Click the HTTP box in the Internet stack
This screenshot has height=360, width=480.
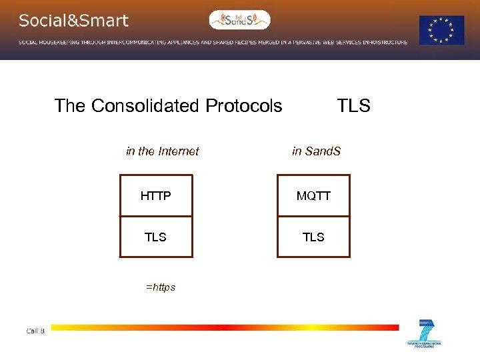(155, 196)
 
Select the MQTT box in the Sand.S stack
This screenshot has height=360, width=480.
(313, 196)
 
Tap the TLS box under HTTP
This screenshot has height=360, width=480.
(155, 237)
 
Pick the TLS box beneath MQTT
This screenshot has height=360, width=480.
(313, 237)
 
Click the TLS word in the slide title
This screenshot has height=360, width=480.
(353, 106)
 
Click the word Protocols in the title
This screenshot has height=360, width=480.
(243, 106)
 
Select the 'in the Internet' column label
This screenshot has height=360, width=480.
(162, 151)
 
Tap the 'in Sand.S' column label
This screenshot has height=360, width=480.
(316, 151)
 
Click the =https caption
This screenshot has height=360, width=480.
(160, 287)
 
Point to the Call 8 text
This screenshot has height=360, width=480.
(35, 331)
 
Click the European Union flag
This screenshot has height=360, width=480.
(441, 31)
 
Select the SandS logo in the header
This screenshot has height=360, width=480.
(239, 20)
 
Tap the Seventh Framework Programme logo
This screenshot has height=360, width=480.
(424, 333)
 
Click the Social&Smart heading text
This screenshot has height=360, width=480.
(73, 21)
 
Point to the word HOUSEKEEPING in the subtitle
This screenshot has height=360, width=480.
(64, 42)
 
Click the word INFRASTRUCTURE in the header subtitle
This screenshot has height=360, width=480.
(385, 42)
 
